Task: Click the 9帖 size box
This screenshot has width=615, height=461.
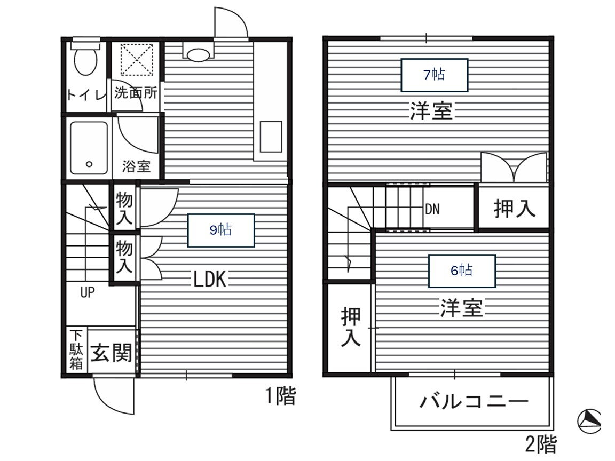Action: click(220, 230)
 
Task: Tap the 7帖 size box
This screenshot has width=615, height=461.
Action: click(434, 75)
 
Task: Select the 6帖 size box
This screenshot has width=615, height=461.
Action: click(462, 271)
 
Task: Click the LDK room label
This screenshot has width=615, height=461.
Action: click(210, 279)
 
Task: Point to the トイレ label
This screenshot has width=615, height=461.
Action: click(85, 96)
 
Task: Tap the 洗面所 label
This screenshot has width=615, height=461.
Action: click(136, 93)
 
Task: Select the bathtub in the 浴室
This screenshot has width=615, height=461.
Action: click(89, 148)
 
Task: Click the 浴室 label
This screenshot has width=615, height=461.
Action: click(136, 166)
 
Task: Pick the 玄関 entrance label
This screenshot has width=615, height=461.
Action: click(111, 353)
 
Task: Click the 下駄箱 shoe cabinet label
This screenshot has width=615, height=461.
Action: click(77, 350)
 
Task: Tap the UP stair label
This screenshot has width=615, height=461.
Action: click(88, 293)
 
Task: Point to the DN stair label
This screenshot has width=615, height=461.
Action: click(432, 209)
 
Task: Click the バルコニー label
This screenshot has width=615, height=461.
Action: click(474, 401)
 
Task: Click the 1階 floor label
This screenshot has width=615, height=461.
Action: click(280, 396)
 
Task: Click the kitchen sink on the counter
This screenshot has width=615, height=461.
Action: click(271, 137)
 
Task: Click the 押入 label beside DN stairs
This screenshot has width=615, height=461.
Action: click(514, 209)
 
